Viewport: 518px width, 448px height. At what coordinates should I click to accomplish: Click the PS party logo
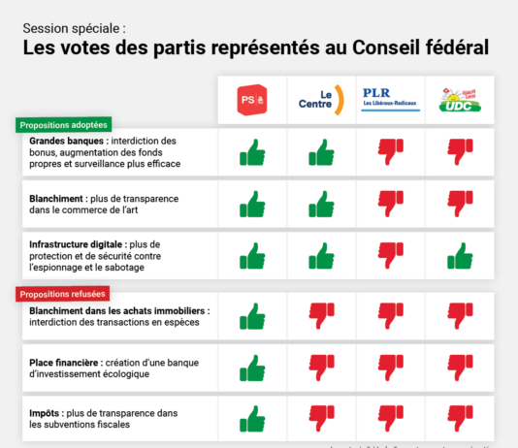tap(251, 100)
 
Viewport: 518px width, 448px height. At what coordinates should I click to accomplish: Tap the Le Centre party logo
tap(321, 100)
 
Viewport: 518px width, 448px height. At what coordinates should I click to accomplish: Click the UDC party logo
tap(459, 98)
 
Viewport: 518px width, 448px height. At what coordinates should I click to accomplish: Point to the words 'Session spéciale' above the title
tap(74, 27)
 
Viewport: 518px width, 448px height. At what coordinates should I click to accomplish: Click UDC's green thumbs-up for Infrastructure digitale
tap(459, 255)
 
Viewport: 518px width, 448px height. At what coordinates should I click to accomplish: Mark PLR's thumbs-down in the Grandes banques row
tap(390, 151)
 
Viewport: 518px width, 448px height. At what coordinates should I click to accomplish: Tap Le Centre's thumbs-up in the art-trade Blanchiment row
tap(321, 204)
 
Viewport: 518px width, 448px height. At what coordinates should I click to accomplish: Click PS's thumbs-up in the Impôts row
tap(251, 419)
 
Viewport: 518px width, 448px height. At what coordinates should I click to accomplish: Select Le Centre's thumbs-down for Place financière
tap(321, 368)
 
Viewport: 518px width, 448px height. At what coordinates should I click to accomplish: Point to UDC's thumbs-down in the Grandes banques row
tap(459, 151)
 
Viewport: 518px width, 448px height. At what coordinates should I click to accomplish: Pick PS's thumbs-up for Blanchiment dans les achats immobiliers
tap(251, 315)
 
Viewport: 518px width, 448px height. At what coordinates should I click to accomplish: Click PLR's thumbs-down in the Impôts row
tap(390, 419)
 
